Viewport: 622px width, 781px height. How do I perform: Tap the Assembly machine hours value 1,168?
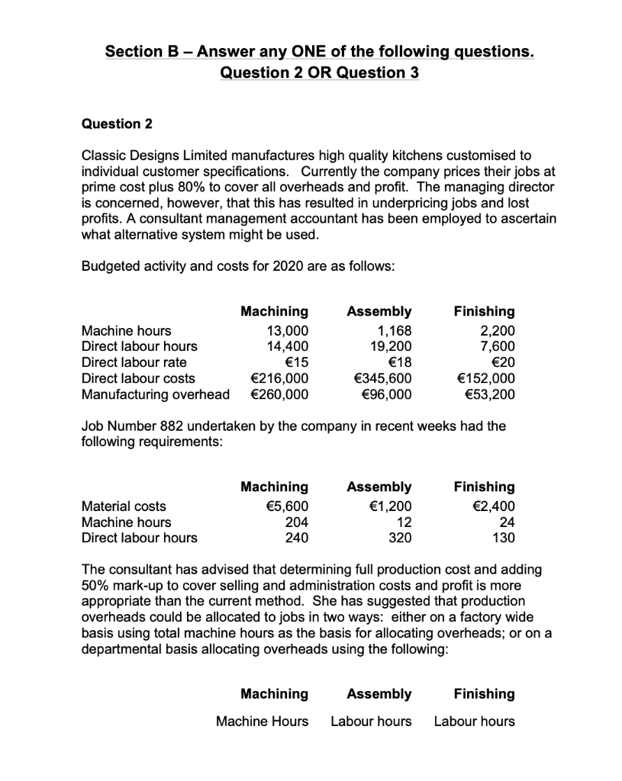(395, 330)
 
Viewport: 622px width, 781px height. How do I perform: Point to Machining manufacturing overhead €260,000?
(279, 394)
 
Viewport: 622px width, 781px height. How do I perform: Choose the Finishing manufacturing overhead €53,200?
(488, 394)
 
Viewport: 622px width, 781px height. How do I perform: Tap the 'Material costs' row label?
(123, 506)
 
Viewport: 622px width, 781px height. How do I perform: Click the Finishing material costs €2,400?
(494, 506)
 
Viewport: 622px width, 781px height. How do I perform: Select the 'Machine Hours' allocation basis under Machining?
(263, 721)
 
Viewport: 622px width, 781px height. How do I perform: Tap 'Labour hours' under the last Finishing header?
(474, 721)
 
